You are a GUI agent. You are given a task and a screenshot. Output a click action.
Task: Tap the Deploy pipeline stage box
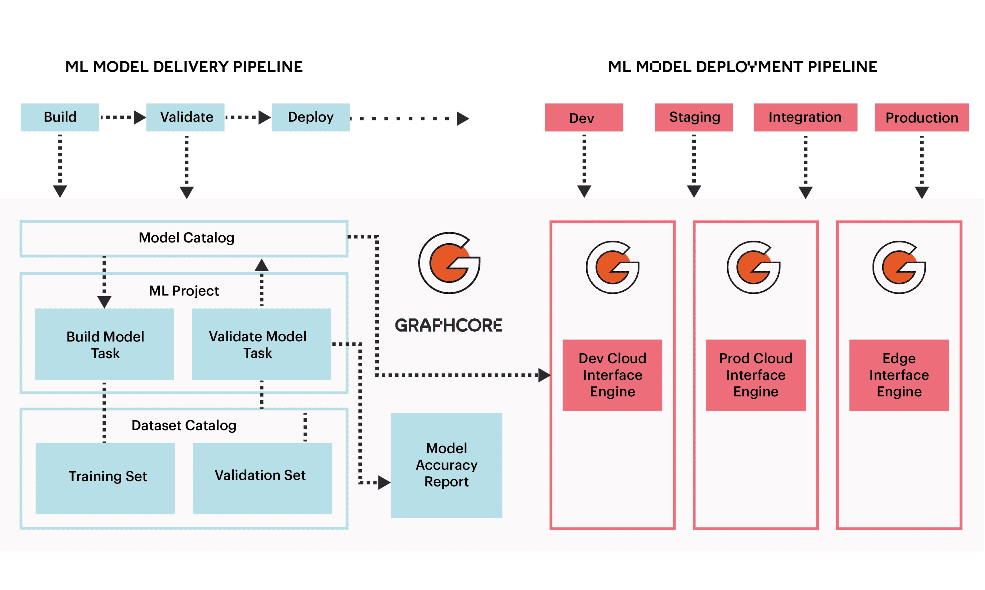click(310, 117)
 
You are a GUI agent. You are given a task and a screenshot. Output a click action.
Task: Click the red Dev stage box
click(584, 118)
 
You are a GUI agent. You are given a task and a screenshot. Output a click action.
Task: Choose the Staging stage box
click(694, 117)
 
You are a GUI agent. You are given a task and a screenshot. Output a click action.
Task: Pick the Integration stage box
click(805, 117)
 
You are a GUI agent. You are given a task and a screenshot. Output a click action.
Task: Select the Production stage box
click(921, 118)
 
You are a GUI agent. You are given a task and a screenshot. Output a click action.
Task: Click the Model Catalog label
click(186, 238)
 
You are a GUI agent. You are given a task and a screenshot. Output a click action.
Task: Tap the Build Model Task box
click(105, 344)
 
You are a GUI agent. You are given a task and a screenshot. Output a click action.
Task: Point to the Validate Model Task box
click(261, 344)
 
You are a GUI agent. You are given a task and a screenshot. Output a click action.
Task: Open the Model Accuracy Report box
click(446, 465)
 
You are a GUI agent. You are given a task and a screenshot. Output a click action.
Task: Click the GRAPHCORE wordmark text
click(448, 325)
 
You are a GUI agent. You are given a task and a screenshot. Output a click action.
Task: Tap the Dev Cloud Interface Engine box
click(612, 375)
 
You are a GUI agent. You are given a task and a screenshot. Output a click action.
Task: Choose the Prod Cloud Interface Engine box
click(755, 375)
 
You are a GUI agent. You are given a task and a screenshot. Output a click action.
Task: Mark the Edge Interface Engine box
click(899, 375)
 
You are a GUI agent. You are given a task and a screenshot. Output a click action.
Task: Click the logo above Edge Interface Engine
click(899, 267)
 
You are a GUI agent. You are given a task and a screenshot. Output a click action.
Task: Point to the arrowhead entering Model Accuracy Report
click(384, 482)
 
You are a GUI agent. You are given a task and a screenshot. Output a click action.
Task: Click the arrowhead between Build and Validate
click(140, 117)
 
